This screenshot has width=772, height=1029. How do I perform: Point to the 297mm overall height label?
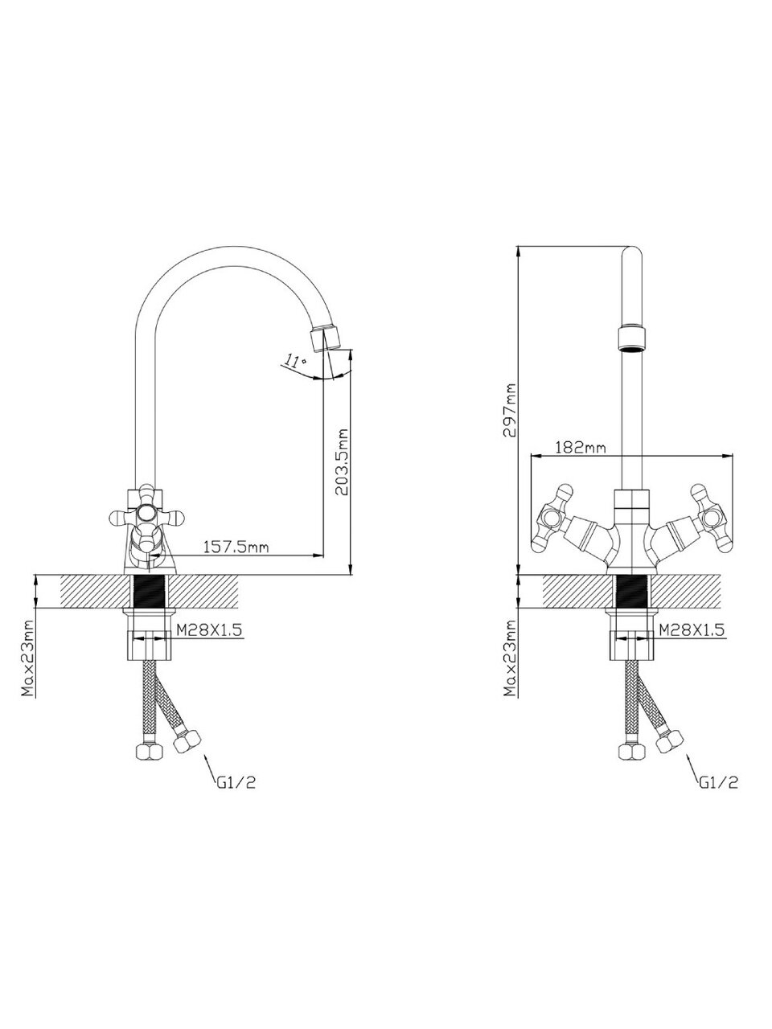click(x=508, y=409)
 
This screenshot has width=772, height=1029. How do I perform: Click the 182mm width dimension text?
click(x=580, y=448)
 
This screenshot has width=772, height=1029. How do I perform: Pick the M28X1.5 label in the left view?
click(x=209, y=631)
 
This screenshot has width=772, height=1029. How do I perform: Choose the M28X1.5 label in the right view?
click(x=692, y=631)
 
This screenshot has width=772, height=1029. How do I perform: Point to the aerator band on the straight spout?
click(x=632, y=338)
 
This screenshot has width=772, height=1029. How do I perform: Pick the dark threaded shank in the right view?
click(x=632, y=592)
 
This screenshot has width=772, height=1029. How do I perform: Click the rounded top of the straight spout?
click(x=632, y=259)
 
